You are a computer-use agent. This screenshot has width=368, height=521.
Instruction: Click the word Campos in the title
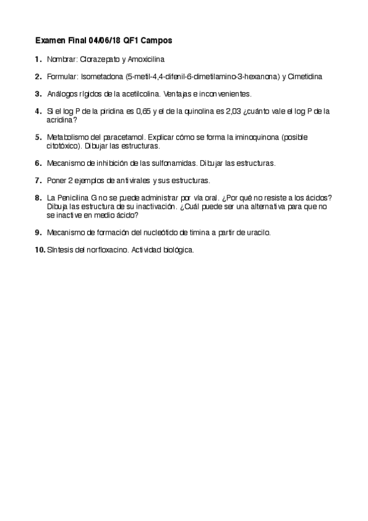(x=156, y=41)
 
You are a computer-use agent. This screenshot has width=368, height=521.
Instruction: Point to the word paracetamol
(x=119, y=137)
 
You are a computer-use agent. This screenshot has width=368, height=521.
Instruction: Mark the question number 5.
(x=38, y=137)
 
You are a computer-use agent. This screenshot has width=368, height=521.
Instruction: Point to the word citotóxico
(x=65, y=146)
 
